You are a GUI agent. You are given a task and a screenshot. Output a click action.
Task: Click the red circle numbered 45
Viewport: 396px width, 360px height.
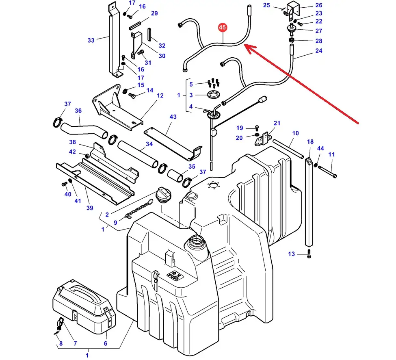[222, 28]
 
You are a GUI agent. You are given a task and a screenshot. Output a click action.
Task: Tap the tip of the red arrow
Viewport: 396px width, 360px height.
[245, 46]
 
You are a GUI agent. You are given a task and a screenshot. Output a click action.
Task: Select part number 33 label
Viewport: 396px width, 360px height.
[91, 40]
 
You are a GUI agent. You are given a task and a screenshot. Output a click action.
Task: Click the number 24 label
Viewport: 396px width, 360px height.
[318, 51]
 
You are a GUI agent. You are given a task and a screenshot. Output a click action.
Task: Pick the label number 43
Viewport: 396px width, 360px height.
[173, 117]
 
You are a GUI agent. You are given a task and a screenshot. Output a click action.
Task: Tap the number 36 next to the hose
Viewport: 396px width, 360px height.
[78, 111]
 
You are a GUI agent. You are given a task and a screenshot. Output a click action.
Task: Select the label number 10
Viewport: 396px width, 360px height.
[295, 133]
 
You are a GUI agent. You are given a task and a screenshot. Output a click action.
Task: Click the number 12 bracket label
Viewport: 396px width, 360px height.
[160, 95]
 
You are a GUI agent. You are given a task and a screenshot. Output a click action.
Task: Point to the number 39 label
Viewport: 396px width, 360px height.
[90, 208]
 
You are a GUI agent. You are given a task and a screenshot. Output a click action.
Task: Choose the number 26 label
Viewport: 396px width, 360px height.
[318, 5]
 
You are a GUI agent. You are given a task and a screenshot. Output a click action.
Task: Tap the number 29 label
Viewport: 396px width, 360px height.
[154, 14]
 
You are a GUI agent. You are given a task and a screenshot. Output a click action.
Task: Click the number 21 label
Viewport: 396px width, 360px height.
[277, 123]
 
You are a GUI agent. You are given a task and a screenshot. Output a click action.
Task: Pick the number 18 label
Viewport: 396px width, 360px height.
[310, 141]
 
